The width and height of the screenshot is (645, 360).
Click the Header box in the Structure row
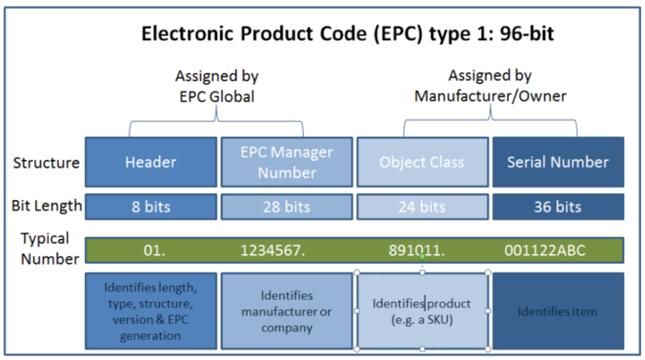pyautogui.click(x=151, y=162)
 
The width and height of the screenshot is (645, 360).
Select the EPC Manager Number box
pyautogui.click(x=287, y=162)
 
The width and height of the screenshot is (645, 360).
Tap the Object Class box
pyautogui.click(x=422, y=162)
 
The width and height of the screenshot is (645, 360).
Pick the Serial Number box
pyautogui.click(x=557, y=162)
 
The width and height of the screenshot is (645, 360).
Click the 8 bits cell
pyautogui.click(x=151, y=206)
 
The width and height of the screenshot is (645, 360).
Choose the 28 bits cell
pyautogui.click(x=287, y=206)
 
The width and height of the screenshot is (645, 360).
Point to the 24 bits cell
pyautogui.click(x=422, y=206)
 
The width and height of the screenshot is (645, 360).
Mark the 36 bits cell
pyautogui.click(x=557, y=206)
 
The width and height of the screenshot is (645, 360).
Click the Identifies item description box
pyautogui.click(x=557, y=310)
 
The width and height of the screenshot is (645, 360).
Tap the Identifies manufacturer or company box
pyautogui.click(x=287, y=311)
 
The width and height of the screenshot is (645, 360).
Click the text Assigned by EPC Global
pyautogui.click(x=217, y=86)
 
